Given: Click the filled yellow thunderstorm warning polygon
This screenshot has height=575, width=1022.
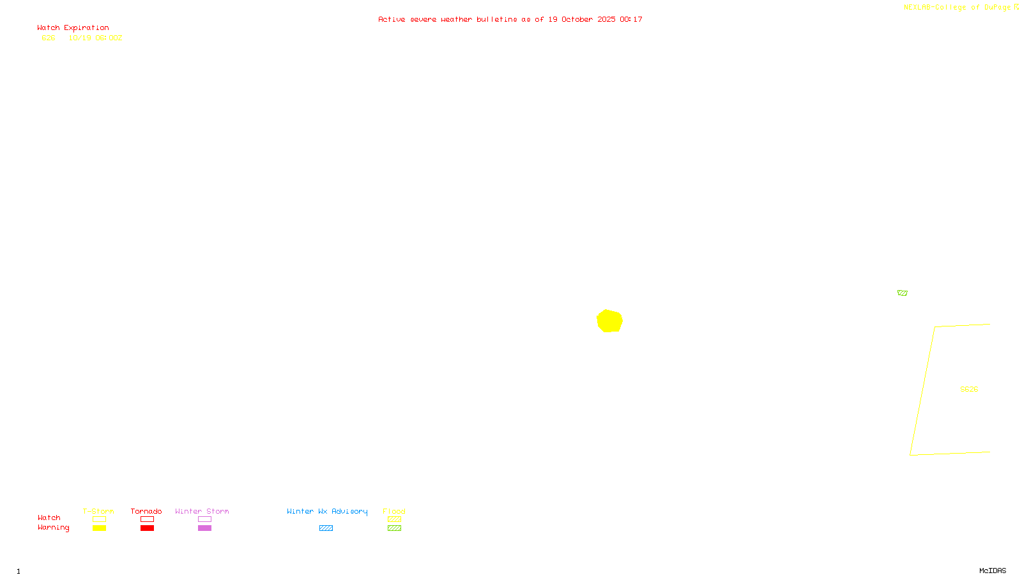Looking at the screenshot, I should (x=609, y=321).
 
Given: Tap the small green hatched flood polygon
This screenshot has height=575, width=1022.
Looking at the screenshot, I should (x=902, y=293).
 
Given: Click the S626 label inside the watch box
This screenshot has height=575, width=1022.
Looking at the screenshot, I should (x=969, y=389).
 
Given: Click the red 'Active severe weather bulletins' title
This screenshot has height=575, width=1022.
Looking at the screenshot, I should (x=510, y=19).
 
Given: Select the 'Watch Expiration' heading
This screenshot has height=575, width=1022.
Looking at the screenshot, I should (x=73, y=28).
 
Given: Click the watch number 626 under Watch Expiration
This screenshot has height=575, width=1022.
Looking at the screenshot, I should (x=49, y=38).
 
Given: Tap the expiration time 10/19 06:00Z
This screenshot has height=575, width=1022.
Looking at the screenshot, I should (x=95, y=38).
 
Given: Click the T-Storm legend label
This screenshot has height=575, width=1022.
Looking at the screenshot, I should (x=98, y=511).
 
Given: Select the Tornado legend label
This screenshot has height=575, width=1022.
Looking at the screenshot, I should (x=146, y=511).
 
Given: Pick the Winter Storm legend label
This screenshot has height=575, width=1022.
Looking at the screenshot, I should (x=202, y=511).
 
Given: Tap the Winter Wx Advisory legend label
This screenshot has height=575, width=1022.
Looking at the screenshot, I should (x=327, y=511).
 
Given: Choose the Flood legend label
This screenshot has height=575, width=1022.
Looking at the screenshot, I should (x=394, y=511).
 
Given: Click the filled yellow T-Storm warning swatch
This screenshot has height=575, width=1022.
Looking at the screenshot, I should (x=99, y=528).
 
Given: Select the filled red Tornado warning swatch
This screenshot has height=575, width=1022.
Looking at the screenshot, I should (x=147, y=528).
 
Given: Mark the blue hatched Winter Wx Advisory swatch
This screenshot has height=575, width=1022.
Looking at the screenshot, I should (x=326, y=528).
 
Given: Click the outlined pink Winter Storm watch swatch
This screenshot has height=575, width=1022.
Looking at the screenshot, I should (x=204, y=519).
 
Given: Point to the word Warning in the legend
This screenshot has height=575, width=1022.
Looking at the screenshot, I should (x=53, y=528).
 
